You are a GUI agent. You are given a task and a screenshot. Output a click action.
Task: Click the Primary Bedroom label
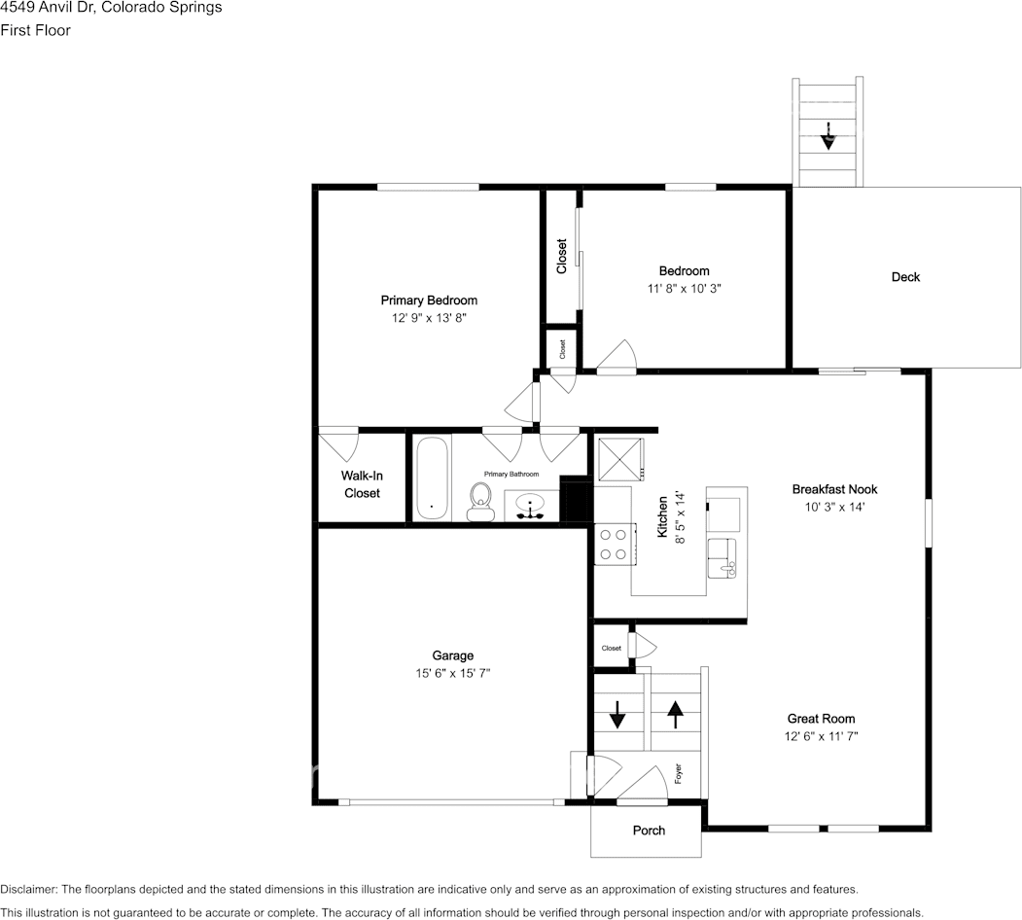pos(429,301)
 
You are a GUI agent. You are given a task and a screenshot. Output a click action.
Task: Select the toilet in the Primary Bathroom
pos(478,503)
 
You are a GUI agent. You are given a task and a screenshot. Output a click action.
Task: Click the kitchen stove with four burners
pos(614,544)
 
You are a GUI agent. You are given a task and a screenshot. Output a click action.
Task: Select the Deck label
pos(905,277)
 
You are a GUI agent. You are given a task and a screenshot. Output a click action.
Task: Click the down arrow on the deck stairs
pos(828,135)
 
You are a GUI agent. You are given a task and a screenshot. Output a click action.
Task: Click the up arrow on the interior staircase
pos(675,715)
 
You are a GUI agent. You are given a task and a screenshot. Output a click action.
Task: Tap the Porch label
pos(649,831)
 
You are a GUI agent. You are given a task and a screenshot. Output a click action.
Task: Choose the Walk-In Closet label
pos(361,484)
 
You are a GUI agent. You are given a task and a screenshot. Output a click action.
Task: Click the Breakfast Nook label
pos(834,489)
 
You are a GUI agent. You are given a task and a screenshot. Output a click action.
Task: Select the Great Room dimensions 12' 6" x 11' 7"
pos(821,736)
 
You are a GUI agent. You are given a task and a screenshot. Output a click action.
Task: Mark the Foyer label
pos(678,775)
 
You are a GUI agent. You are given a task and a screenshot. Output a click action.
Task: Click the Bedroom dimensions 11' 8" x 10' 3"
pos(684,288)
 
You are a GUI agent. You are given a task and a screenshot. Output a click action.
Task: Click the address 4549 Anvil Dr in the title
pos(58,8)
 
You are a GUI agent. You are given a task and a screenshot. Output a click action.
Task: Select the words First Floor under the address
pos(35,30)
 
